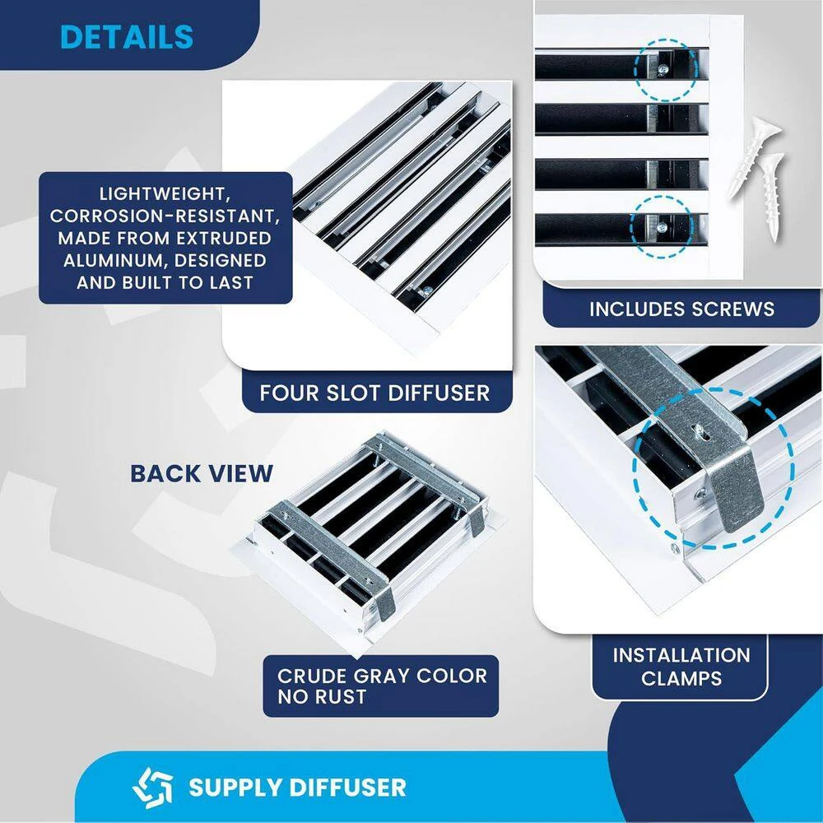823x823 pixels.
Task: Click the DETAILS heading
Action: [127, 37]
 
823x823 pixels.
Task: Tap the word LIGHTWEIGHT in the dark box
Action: [165, 194]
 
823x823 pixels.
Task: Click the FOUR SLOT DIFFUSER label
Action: [374, 393]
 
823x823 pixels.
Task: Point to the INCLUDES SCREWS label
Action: [681, 309]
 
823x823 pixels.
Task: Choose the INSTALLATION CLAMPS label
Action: [681, 667]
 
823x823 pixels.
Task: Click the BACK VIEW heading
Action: [202, 473]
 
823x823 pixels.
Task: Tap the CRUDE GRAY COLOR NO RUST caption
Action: [382, 686]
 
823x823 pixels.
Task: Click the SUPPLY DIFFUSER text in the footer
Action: [297, 786]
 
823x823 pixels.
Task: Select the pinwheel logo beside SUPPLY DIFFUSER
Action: [153, 786]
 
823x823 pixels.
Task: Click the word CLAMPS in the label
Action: [681, 678]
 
